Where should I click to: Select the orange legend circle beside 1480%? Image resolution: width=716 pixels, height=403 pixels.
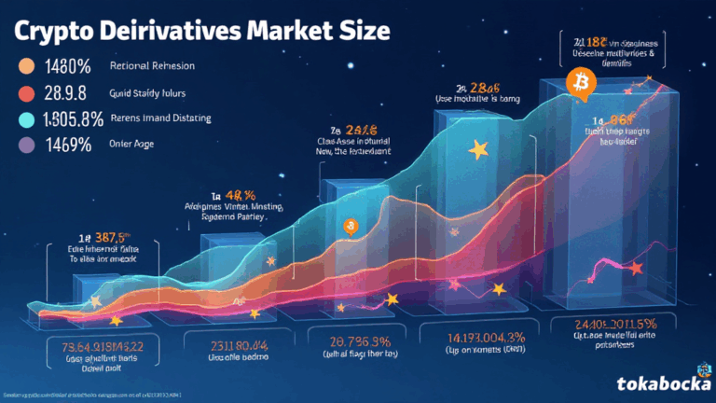tap(26, 67)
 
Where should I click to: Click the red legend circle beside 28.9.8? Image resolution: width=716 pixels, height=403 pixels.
tap(26, 92)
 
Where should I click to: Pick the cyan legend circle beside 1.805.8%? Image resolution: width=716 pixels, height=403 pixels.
tap(26, 118)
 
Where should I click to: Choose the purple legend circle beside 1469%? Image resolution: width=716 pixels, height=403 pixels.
tap(26, 145)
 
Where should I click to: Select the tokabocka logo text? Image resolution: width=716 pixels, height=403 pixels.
tap(661, 382)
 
